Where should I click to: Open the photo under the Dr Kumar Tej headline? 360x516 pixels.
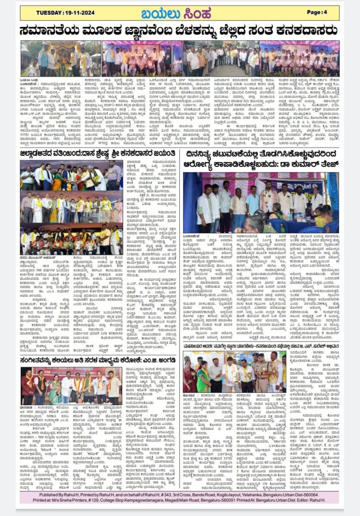pos(261,202)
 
